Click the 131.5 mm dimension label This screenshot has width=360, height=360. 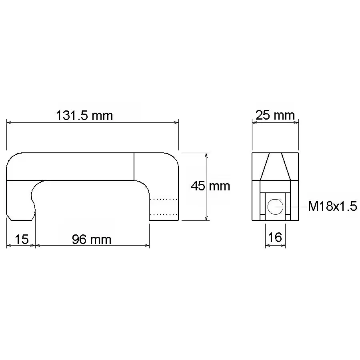pyautogui.click(x=84, y=116)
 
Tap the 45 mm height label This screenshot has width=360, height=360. pyautogui.click(x=210, y=186)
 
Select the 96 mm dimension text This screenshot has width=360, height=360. pyautogui.click(x=92, y=239)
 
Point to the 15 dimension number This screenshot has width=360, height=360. pyautogui.click(x=22, y=239)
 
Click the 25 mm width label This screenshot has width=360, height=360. pyautogui.click(x=275, y=115)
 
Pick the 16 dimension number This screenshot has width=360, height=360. pyautogui.click(x=275, y=237)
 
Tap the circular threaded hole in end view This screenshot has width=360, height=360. pyautogui.click(x=275, y=207)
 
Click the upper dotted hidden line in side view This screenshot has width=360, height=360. pyautogui.click(x=164, y=199)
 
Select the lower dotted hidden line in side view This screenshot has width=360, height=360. pyautogui.click(x=164, y=215)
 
